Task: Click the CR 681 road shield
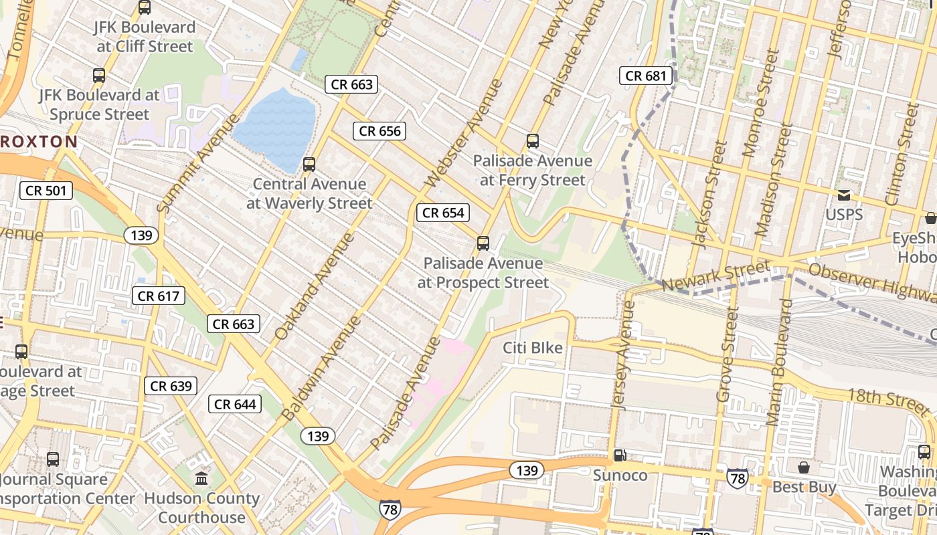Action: [x=646, y=76]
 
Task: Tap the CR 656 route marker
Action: [x=380, y=131]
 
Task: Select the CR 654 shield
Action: [x=443, y=213]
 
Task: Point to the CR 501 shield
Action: [x=46, y=191]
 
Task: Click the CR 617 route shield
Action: [x=159, y=296]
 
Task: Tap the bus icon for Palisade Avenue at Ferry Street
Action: [x=533, y=141]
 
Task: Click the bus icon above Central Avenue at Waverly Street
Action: [x=309, y=164]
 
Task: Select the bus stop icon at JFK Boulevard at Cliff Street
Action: [x=145, y=8]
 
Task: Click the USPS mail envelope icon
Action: [x=844, y=195]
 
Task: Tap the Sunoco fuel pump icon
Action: [x=620, y=455]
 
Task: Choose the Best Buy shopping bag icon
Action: [x=803, y=467]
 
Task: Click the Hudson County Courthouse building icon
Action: [x=201, y=478]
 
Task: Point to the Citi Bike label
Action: [x=533, y=348]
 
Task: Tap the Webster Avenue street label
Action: [x=464, y=134]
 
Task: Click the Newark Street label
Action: [x=715, y=276]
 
